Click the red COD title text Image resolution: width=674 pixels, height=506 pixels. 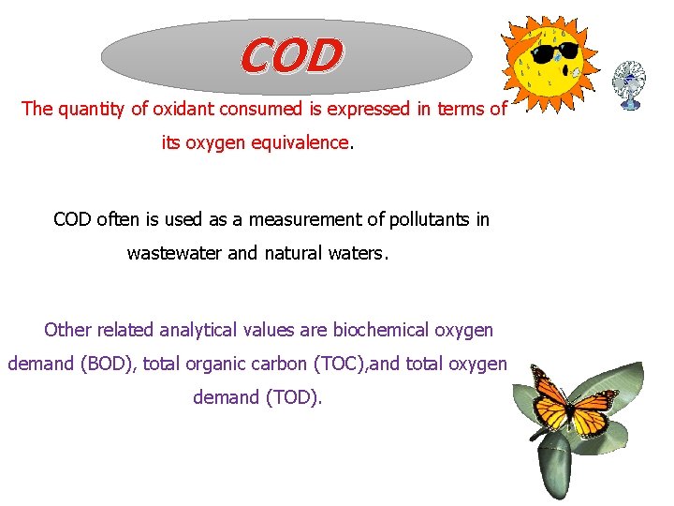pos(291,56)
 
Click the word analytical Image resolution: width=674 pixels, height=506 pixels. pos(198,330)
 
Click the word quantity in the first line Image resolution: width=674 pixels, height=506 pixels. pos(91,109)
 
